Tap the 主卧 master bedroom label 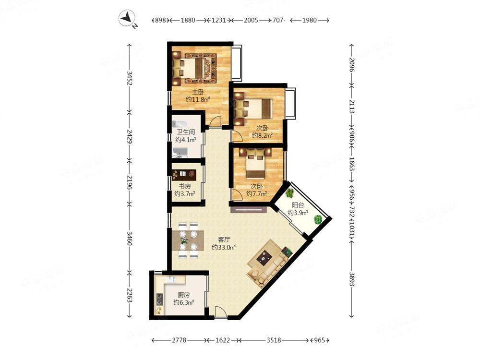pyautogui.click(x=198, y=92)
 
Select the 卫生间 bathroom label pyautogui.click(x=185, y=132)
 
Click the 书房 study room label pyautogui.click(x=185, y=186)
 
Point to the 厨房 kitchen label pyautogui.click(x=184, y=295)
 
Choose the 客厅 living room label pyautogui.click(x=224, y=240)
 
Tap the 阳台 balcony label pyautogui.click(x=298, y=205)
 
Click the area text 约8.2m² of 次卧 pyautogui.click(x=263, y=135)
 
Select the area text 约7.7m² pyautogui.click(x=257, y=194)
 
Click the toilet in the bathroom pyautogui.click(x=180, y=124)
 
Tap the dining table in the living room pyautogui.click(x=188, y=240)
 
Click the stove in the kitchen pyautogui.click(x=159, y=299)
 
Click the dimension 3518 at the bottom pyautogui.click(x=274, y=340)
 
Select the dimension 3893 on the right pyautogui.click(x=352, y=279)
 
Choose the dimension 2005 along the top pyautogui.click(x=251, y=20)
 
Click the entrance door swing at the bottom pyautogui.click(x=220, y=312)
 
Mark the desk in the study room pyautogui.click(x=184, y=175)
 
